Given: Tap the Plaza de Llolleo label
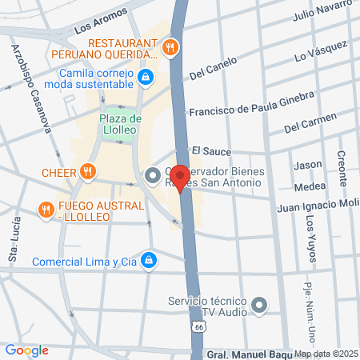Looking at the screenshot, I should (120, 125).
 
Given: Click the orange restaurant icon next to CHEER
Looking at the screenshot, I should (89, 171).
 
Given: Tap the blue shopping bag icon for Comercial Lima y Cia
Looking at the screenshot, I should (149, 260).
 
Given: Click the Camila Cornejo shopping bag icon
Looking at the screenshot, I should (146, 77).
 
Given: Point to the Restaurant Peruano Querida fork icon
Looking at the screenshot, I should (170, 48).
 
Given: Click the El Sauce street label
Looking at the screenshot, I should (211, 150).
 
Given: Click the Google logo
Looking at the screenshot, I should (26, 350).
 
